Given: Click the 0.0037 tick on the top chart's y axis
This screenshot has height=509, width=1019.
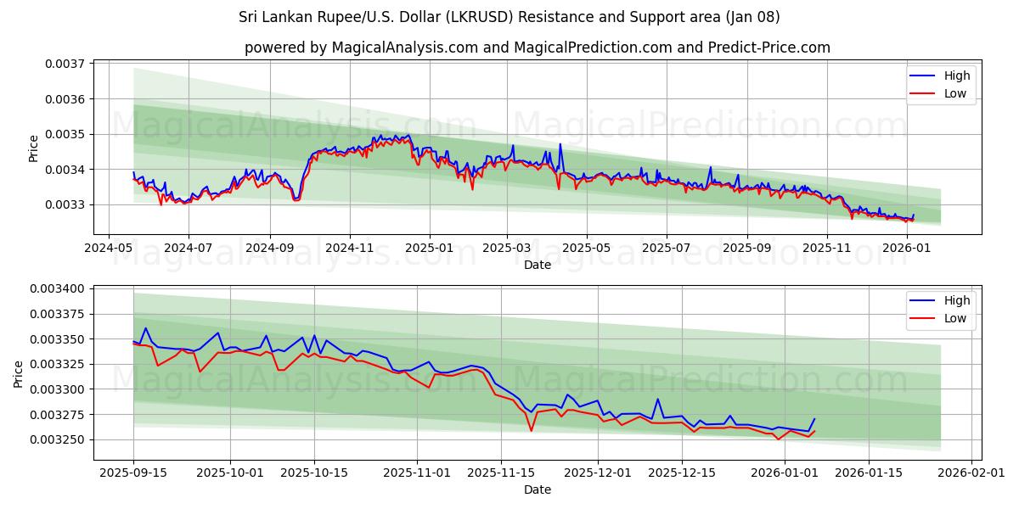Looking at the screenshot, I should (65, 64).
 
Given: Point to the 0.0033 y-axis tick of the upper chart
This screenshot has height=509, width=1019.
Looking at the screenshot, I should (65, 204).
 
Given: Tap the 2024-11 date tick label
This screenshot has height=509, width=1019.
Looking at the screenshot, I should (350, 249).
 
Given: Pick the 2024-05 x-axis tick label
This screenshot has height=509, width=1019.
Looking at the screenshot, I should (108, 249).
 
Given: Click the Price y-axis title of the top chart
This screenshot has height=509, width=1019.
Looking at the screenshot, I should (34, 148).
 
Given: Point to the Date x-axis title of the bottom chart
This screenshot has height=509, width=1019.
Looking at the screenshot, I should (537, 489).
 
